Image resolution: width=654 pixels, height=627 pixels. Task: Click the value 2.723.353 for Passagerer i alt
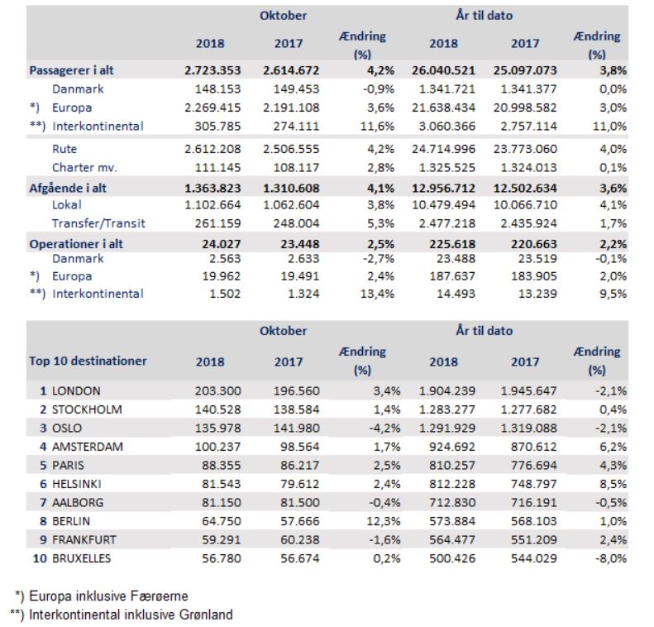point(212,70)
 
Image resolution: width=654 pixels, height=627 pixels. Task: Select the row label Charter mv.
point(84,168)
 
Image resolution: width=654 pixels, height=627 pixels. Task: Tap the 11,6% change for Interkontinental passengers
point(378,126)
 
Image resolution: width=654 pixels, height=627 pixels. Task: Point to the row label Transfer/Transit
point(98,223)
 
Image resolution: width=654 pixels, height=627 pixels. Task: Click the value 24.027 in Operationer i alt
point(222,244)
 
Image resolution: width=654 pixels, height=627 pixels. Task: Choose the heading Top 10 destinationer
point(88,361)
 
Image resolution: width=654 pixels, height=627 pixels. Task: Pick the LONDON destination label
point(76,391)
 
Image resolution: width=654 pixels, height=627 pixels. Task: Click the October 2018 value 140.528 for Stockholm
point(217,409)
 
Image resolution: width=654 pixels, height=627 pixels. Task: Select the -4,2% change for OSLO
point(384,428)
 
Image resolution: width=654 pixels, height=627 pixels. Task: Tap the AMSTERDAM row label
point(88,447)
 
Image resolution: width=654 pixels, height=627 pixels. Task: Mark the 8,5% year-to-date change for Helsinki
point(613,485)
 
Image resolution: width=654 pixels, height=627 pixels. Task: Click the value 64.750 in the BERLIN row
point(222,521)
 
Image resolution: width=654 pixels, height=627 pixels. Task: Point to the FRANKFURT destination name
point(84,540)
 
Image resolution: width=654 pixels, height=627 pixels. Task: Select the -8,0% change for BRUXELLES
point(611,558)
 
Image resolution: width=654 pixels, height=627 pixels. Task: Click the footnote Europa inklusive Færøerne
point(108,596)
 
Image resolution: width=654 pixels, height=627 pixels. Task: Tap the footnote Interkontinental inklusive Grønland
point(131,615)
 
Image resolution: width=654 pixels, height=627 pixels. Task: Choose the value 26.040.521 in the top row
point(443,70)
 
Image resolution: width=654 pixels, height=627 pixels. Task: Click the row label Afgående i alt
point(68,188)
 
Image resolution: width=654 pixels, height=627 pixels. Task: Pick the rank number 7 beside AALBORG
point(43,503)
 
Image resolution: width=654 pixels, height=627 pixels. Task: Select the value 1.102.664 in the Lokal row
point(212,205)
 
